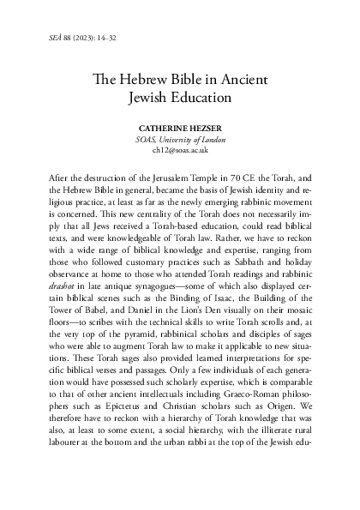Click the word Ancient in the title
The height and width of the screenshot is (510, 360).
click(x=244, y=79)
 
